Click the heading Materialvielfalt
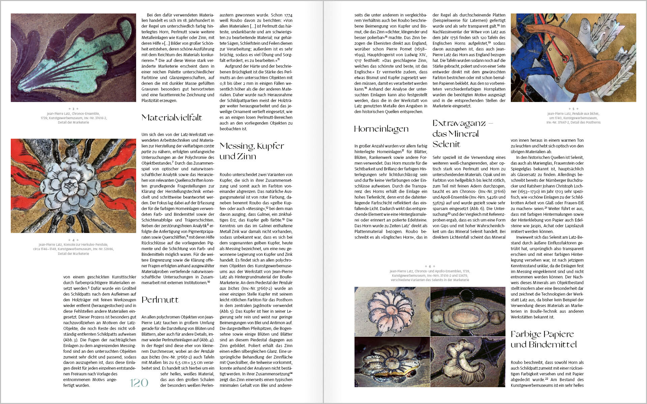click(172, 117)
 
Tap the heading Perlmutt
click(160, 300)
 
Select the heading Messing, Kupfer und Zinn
click(252, 151)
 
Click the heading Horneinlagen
click(381, 129)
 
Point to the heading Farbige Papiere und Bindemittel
click(544, 339)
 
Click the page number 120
click(139, 382)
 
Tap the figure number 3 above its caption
click(73, 109)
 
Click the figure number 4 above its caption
click(73, 240)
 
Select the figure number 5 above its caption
click(574, 109)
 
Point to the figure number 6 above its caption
click(430, 266)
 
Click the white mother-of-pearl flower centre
click(72, 186)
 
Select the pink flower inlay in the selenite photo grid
click(391, 309)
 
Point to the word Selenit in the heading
click(446, 144)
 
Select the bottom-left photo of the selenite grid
click(392, 362)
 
